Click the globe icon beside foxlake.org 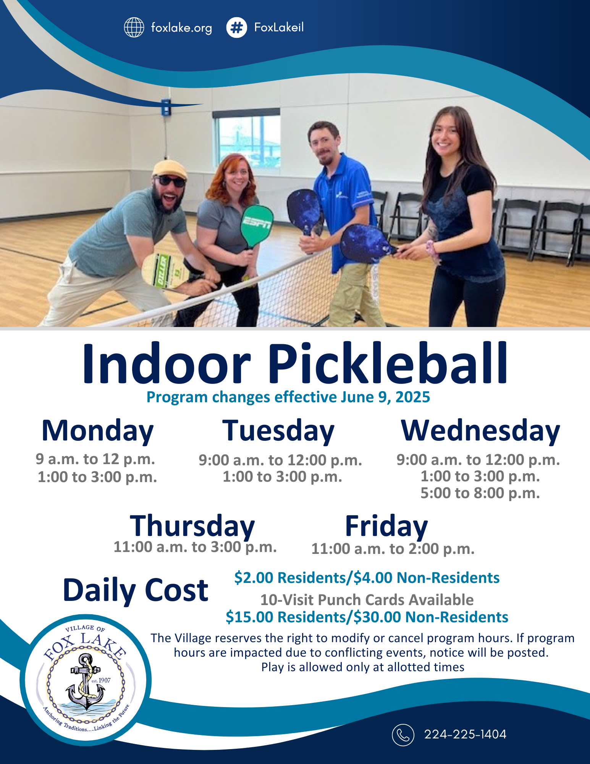(x=134, y=28)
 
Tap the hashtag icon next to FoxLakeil (x=236, y=28)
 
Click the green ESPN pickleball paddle (x=257, y=225)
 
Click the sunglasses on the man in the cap (x=171, y=181)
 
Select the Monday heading (x=97, y=431)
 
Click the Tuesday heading (x=278, y=431)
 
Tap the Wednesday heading (x=480, y=431)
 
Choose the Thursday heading (x=192, y=526)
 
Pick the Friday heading (x=386, y=526)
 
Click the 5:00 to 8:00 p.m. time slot (x=480, y=493)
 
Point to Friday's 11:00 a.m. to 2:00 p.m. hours (x=393, y=549)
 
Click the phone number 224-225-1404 (x=465, y=734)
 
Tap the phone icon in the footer (x=403, y=735)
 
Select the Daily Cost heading (x=136, y=590)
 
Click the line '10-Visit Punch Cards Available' (x=367, y=600)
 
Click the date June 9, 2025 (x=386, y=397)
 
